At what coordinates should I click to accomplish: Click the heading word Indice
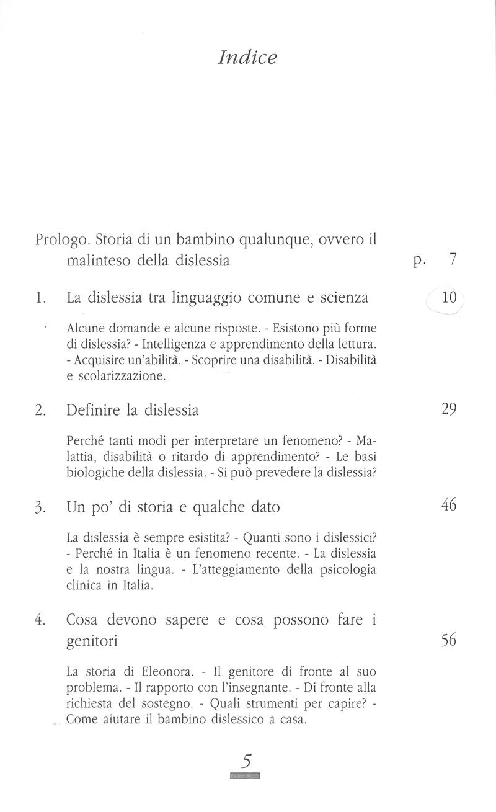[x=247, y=58]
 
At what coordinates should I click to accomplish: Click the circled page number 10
[x=449, y=298]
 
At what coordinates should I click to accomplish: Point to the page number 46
[x=449, y=505]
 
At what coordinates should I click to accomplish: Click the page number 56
[x=449, y=640]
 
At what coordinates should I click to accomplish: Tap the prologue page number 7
[x=453, y=260]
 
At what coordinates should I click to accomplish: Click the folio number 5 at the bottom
[x=246, y=761]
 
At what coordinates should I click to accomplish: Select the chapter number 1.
[x=40, y=298]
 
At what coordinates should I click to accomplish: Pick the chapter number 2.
[x=40, y=411]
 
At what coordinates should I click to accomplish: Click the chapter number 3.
[x=40, y=507]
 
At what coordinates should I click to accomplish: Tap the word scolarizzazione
[x=115, y=376]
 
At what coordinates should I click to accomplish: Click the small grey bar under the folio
[x=245, y=775]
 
